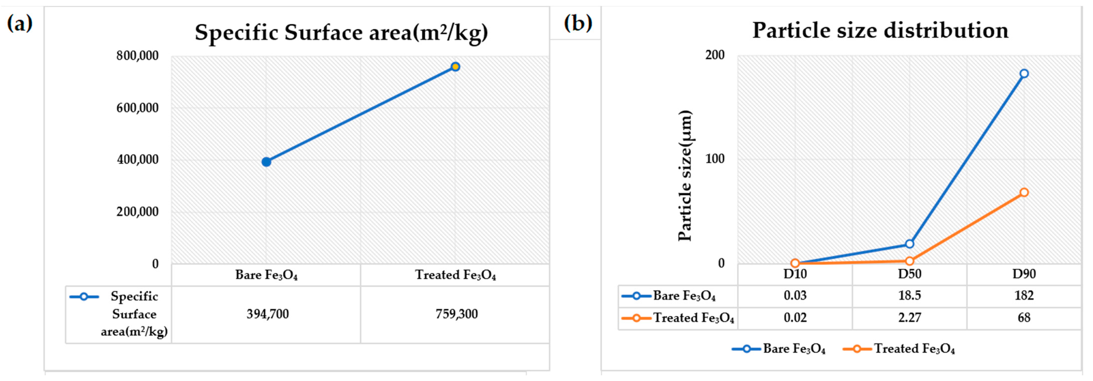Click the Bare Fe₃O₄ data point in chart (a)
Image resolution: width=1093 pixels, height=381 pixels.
(x=266, y=162)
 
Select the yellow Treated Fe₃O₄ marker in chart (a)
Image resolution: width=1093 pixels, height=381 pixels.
(x=455, y=67)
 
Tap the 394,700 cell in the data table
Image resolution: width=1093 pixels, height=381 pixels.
(x=268, y=314)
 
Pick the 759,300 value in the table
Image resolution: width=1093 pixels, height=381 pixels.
(x=457, y=314)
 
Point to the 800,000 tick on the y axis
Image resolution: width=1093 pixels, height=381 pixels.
(x=137, y=55)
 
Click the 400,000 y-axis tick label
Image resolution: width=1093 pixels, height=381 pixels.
(x=137, y=160)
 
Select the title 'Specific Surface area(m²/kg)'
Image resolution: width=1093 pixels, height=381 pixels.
(x=341, y=32)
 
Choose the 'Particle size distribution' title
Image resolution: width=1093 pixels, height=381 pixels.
(x=880, y=31)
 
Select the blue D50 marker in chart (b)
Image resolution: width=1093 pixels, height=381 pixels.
(x=909, y=244)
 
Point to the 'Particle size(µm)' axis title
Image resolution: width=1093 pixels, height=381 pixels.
(x=685, y=176)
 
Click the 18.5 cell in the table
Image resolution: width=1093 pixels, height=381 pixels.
(x=909, y=295)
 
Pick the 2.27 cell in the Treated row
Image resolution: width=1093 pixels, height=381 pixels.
(x=909, y=317)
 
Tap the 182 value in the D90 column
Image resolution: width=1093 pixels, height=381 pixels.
(x=1024, y=295)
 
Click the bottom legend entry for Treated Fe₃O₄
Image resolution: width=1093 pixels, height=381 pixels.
(x=900, y=349)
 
